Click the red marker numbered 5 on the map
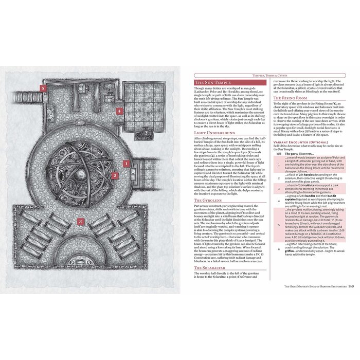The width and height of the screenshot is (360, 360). (45, 88)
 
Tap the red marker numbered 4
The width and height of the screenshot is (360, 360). (118, 111)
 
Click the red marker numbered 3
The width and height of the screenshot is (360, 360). (80, 236)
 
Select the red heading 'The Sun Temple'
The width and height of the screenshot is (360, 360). (212, 82)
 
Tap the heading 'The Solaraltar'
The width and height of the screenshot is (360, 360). (211, 268)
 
